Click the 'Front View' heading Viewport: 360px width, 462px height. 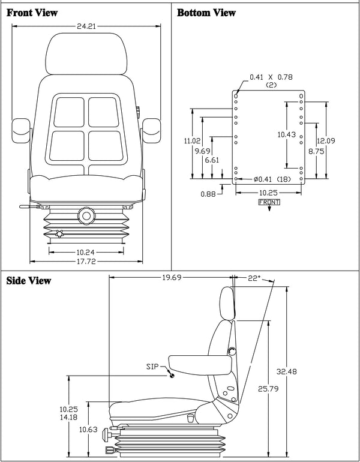coord(32,13)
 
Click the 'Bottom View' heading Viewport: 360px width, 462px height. coord(206,13)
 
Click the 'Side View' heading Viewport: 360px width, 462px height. coord(29,281)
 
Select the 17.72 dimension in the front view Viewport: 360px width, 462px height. coord(87,261)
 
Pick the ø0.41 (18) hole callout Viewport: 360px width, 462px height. coord(268,179)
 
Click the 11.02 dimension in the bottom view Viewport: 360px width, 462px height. coord(191,141)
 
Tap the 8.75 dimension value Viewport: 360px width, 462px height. coord(316,152)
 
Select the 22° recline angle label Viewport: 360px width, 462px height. coord(254,278)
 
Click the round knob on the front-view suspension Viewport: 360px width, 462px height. coord(86,214)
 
